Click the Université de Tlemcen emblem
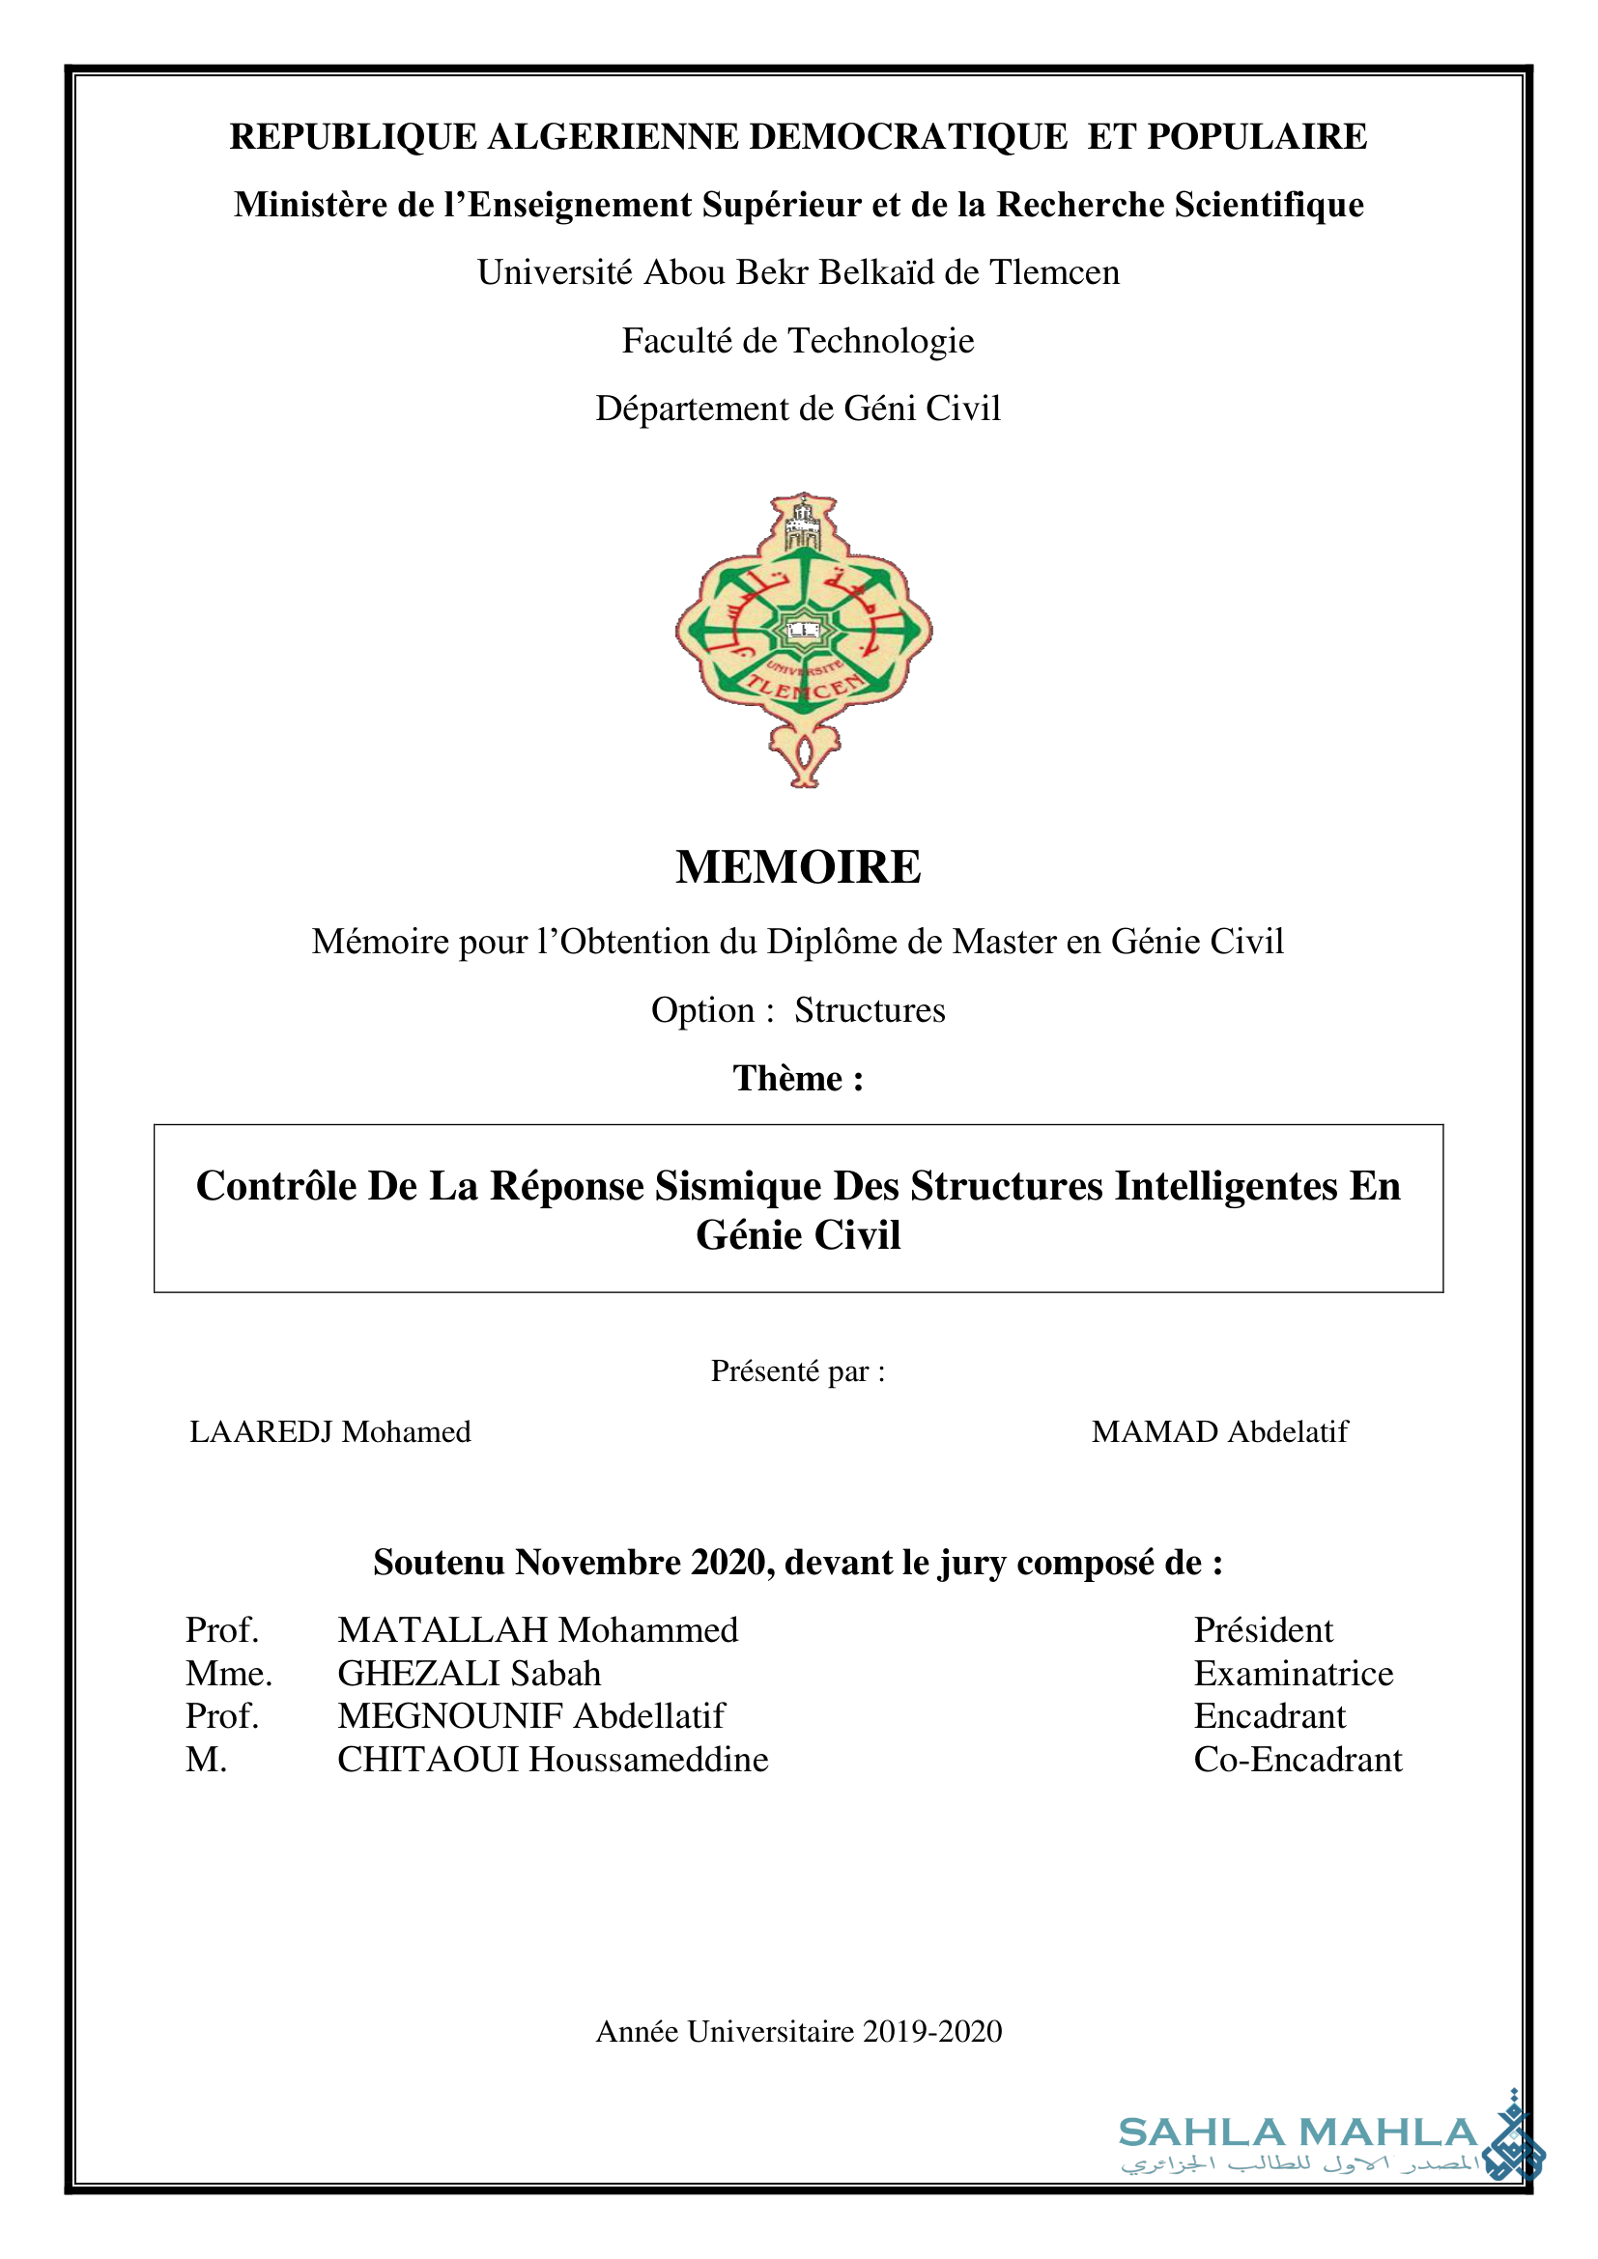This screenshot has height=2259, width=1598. pos(803,639)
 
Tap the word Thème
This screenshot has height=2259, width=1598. pos(787,1079)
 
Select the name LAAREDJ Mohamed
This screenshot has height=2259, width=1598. pos(329,1431)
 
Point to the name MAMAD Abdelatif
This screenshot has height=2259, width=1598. pos(1219,1431)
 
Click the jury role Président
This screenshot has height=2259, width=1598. pos(1263,1630)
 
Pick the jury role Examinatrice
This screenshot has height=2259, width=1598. pos(1293,1674)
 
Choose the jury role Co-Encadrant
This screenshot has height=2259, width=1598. pos(1297,1759)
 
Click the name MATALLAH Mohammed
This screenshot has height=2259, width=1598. pos(537,1630)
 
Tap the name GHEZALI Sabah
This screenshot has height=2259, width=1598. pos(469,1674)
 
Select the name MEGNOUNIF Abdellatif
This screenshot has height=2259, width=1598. pos(530,1716)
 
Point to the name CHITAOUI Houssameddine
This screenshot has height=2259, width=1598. pos(552,1759)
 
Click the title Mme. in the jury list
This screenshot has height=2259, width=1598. pos(228,1674)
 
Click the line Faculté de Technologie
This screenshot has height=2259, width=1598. pos(798,340)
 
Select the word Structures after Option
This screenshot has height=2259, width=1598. pos(869,1010)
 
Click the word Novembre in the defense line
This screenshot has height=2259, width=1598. pos(598,1563)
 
